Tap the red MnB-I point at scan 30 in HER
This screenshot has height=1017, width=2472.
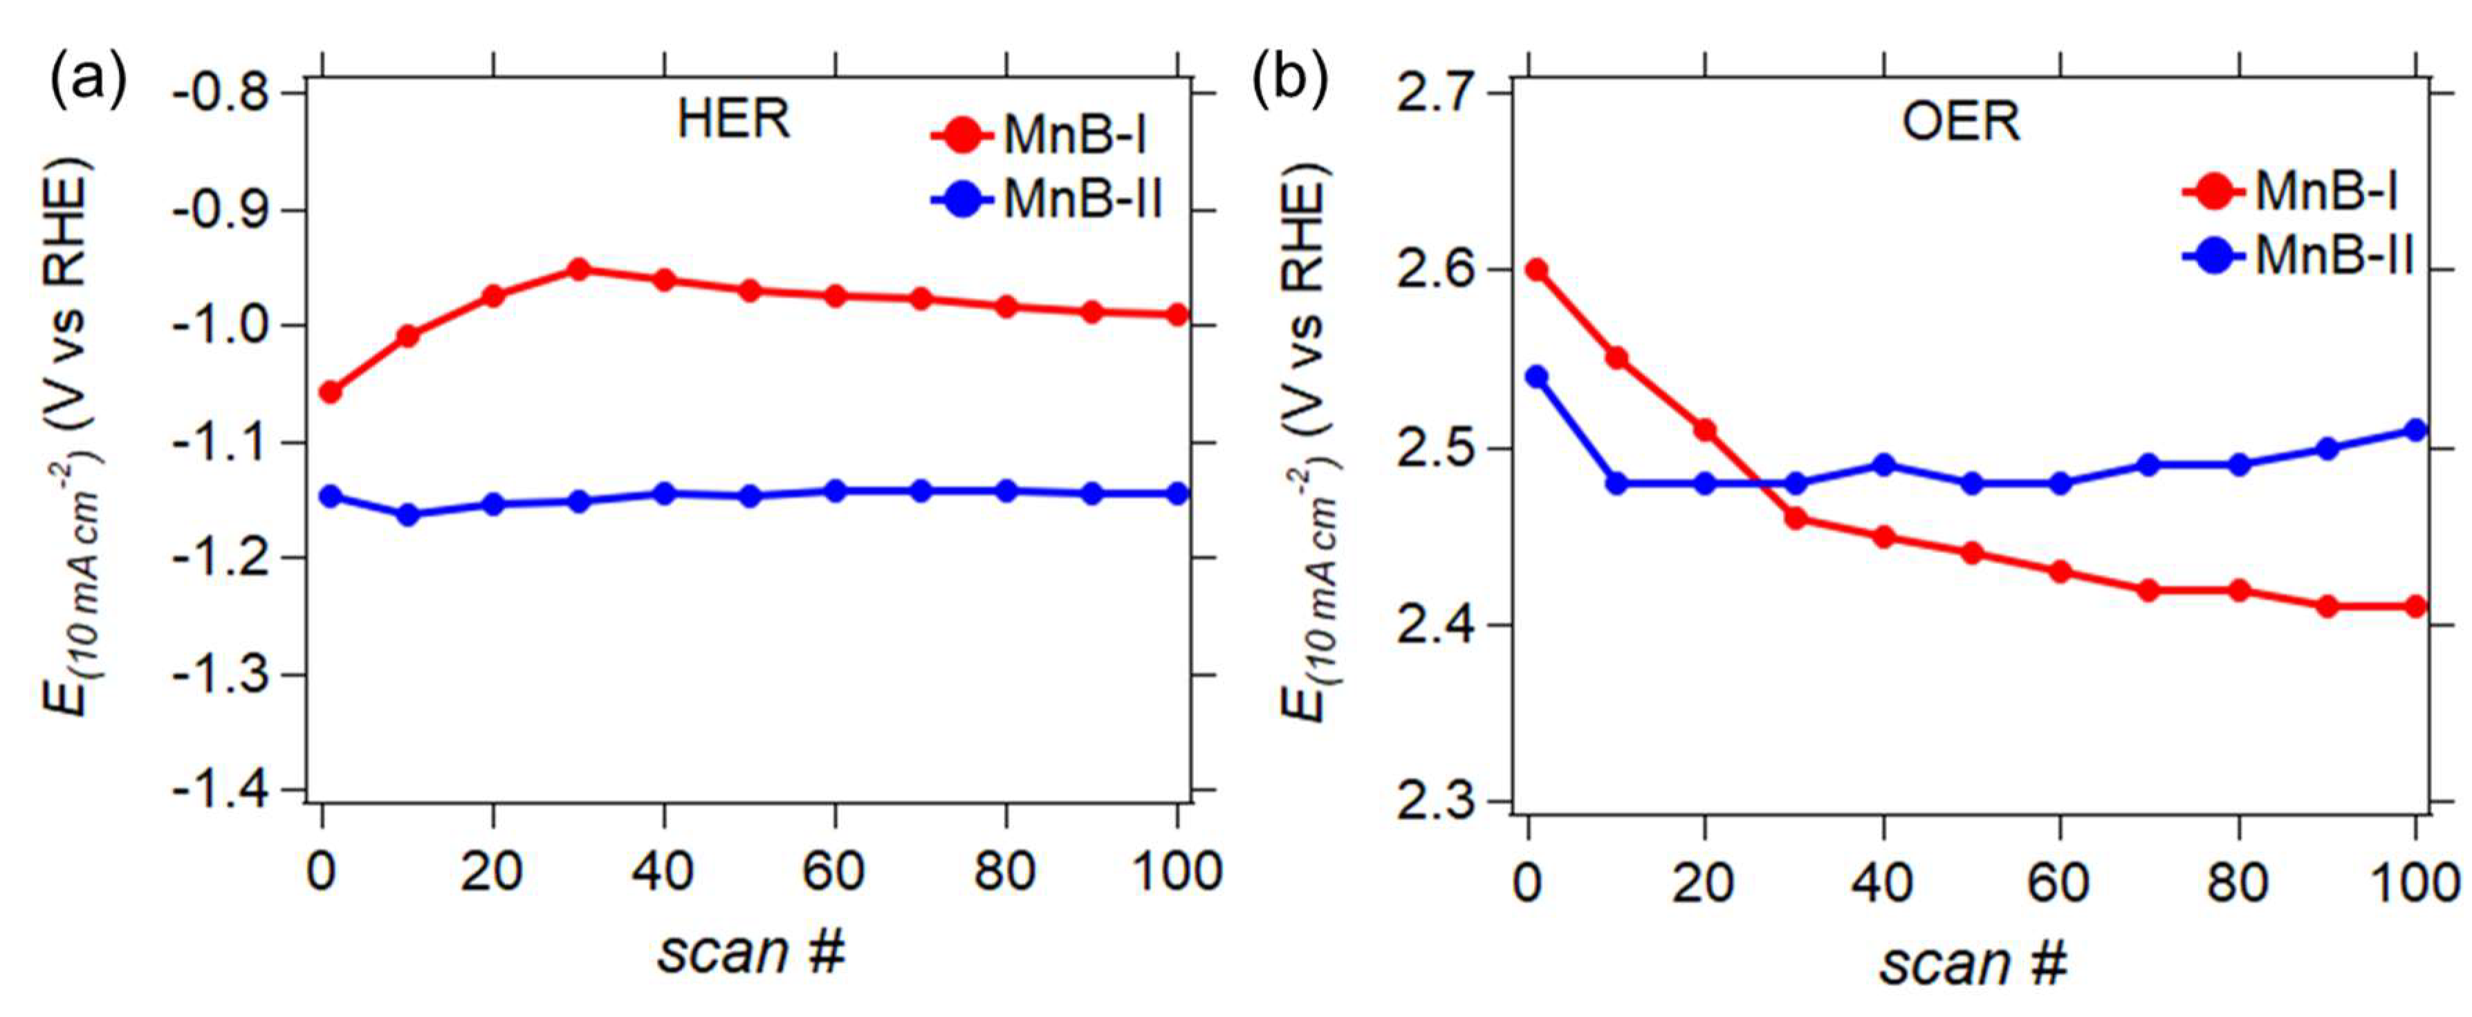click(579, 270)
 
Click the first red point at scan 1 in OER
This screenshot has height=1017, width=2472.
click(1536, 270)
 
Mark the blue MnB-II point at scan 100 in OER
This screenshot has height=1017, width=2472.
click(2415, 430)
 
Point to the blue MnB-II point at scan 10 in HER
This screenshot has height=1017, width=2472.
click(408, 515)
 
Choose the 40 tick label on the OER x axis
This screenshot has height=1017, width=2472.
click(1883, 881)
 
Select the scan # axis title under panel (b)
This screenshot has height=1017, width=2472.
click(1972, 962)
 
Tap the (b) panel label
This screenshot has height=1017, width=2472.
click(1291, 79)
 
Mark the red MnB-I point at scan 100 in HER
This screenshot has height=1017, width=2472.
click(1177, 315)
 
